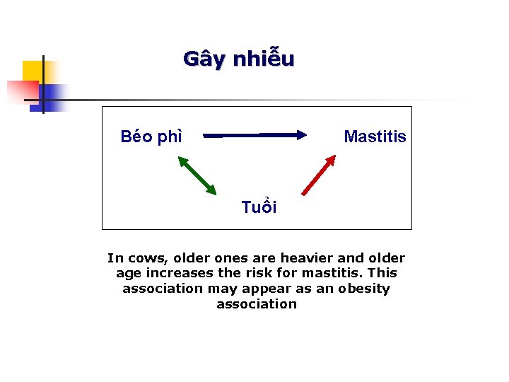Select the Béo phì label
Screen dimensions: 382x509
[x=151, y=137]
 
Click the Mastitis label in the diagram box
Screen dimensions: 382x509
[x=375, y=137]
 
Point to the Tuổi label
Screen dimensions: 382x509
[x=259, y=207]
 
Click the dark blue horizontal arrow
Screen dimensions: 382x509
[x=255, y=134]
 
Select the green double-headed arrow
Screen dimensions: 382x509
[x=197, y=175]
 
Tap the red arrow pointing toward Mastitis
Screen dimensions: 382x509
[x=318, y=175]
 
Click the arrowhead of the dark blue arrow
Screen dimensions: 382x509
[x=301, y=134]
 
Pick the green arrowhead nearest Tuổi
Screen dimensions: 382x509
[x=211, y=189]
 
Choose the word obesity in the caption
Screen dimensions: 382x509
[x=363, y=289]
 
